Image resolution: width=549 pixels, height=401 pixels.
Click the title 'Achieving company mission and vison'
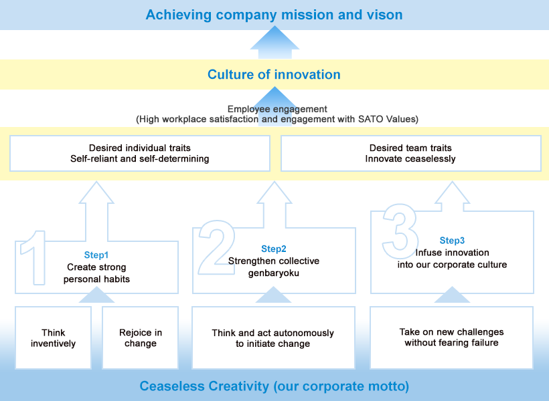click(x=274, y=14)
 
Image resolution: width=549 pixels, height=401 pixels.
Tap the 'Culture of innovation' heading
click(x=274, y=74)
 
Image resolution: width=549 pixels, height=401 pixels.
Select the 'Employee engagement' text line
click(x=277, y=108)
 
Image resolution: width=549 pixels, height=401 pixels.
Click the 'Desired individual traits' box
click(x=140, y=153)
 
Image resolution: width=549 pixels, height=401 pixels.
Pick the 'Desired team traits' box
click(x=410, y=153)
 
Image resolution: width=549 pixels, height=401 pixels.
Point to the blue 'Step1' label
click(x=96, y=255)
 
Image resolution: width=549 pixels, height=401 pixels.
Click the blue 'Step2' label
click(x=274, y=248)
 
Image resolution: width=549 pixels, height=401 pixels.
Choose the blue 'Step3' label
click(x=452, y=240)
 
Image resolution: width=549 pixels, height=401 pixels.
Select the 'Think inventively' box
click(x=54, y=338)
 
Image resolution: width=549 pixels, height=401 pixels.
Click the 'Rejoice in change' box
click(x=141, y=338)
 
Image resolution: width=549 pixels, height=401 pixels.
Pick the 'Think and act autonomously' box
click(x=273, y=338)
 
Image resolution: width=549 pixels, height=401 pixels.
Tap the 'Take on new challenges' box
click(x=451, y=338)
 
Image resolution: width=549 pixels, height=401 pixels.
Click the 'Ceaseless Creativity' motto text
click(x=274, y=386)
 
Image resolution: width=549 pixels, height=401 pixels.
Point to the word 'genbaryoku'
click(x=274, y=273)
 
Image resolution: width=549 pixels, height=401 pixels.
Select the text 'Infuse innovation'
click(x=452, y=253)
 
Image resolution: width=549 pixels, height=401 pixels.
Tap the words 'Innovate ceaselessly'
click(x=410, y=159)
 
